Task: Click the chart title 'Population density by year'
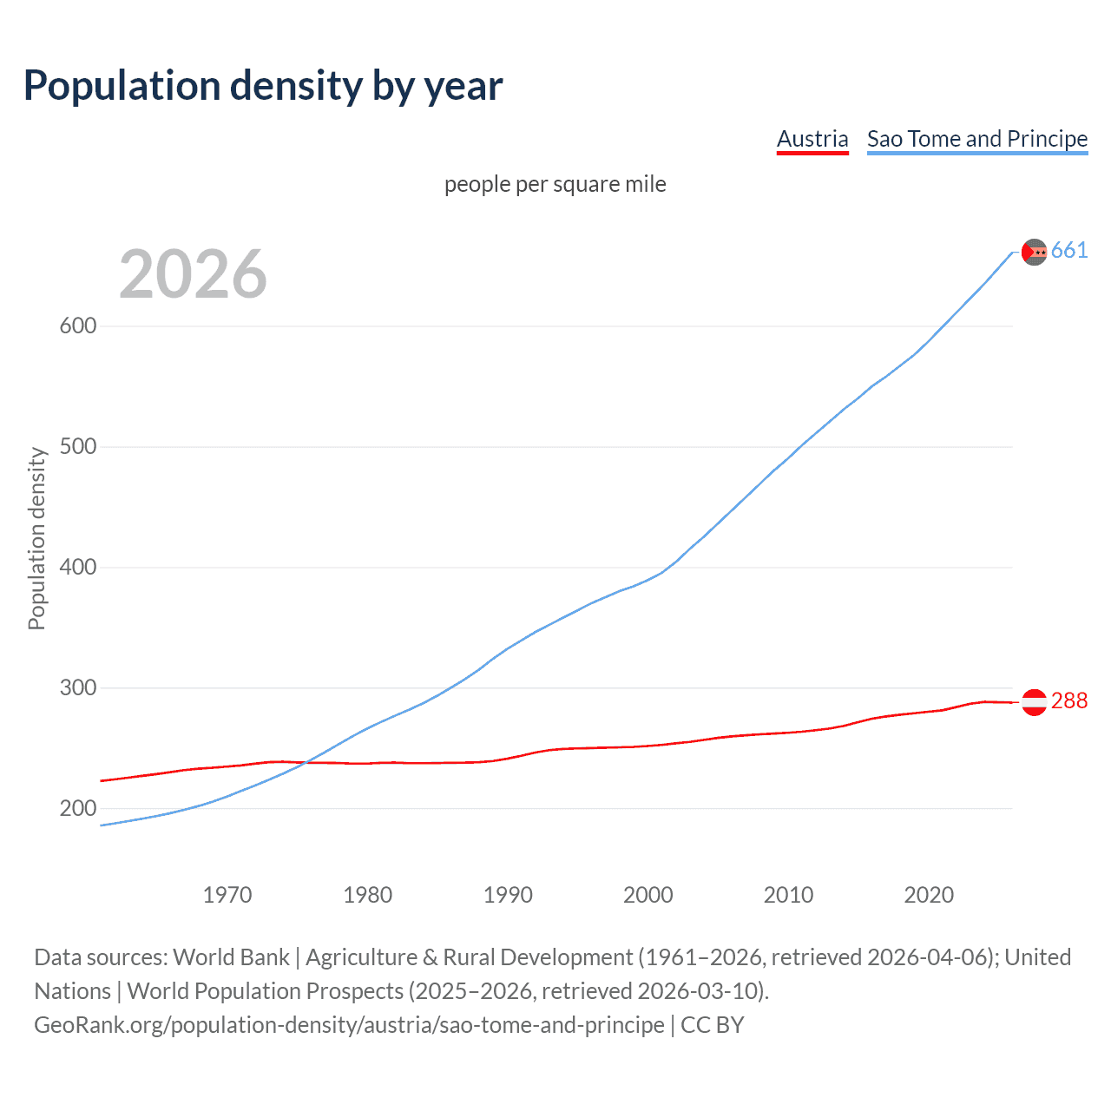263,86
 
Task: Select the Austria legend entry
812,139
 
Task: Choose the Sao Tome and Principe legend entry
976,139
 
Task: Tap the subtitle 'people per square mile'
555,184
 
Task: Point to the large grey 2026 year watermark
193,274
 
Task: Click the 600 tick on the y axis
77,326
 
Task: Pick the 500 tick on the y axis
77,447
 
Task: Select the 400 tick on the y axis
77,568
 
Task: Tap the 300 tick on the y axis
77,688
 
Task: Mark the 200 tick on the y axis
77,809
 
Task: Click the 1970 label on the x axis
227,895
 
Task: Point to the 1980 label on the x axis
367,895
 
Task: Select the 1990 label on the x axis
508,895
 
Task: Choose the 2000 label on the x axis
648,895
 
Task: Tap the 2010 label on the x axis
788,895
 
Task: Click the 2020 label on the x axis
929,895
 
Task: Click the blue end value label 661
1068,251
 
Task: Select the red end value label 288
1068,701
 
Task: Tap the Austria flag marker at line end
1034,702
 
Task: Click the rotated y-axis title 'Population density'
36,538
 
